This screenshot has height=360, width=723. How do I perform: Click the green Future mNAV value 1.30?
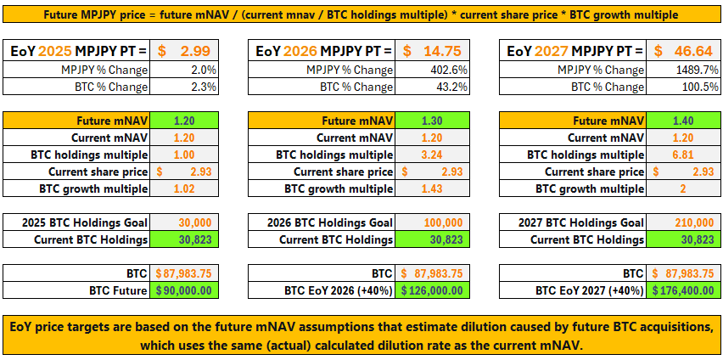point(432,121)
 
